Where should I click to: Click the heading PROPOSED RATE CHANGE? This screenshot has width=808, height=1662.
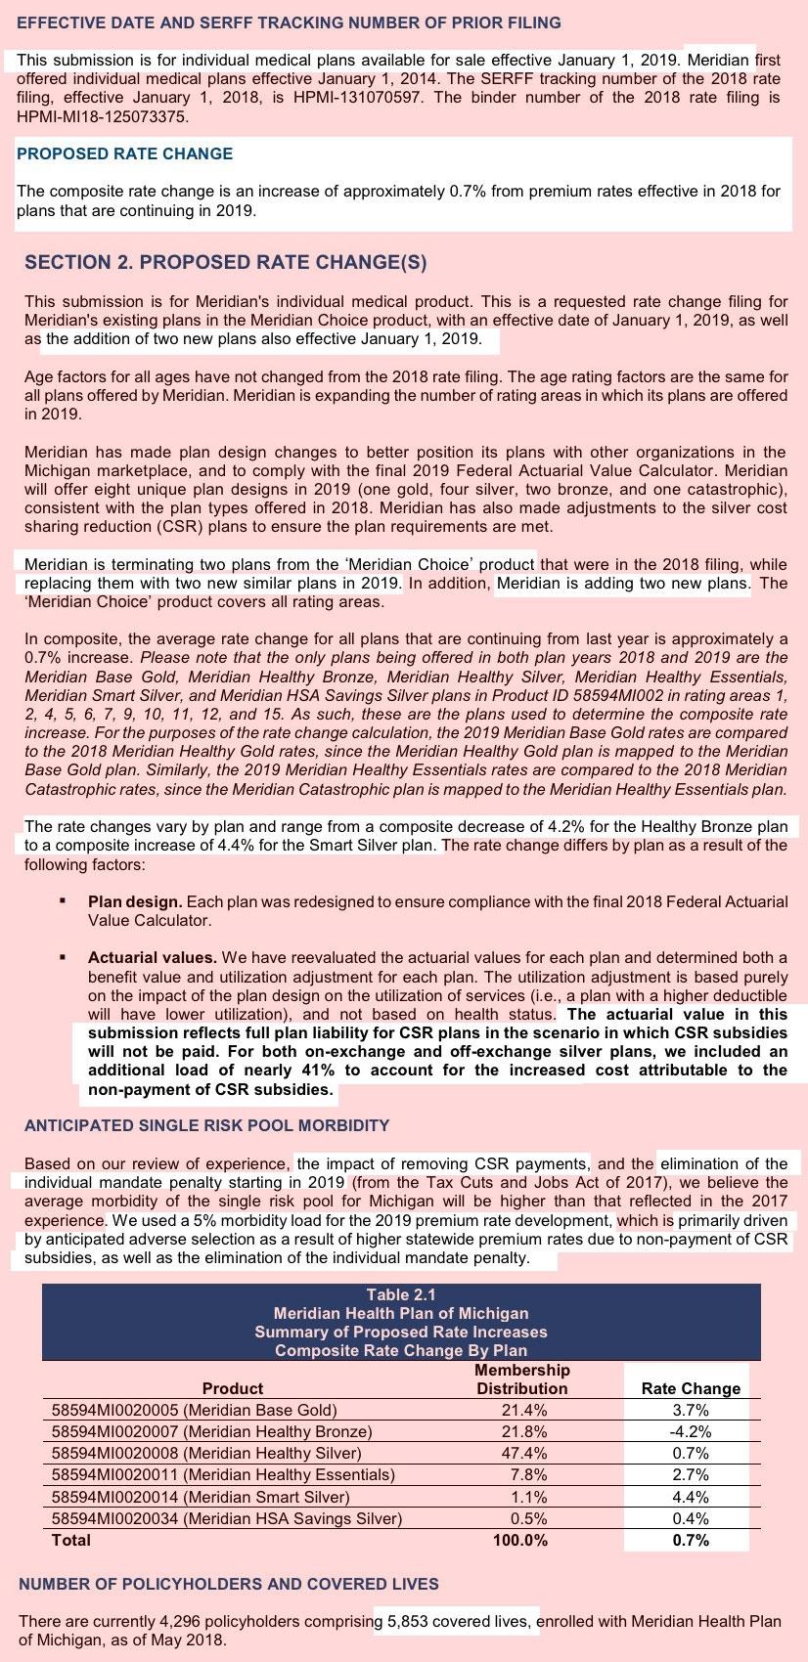pyautogui.click(x=124, y=153)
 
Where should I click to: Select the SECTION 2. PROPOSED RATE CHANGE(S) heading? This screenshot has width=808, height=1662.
pyautogui.click(x=225, y=262)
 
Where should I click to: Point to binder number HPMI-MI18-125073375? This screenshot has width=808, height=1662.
pyautogui.click(x=103, y=116)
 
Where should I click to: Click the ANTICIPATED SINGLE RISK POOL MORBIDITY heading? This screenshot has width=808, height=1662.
pyautogui.click(x=206, y=1125)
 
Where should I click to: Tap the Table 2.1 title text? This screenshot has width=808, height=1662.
pyautogui.click(x=401, y=1294)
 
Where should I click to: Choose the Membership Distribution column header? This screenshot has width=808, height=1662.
pyautogui.click(x=521, y=1378)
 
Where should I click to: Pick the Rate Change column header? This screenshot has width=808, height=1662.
pyautogui.click(x=691, y=1388)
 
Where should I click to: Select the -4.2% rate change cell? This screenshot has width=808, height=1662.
pyautogui.click(x=691, y=1431)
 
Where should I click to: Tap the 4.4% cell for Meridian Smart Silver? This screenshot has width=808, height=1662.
pyautogui.click(x=691, y=1497)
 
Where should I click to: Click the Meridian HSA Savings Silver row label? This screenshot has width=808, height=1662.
pyautogui.click(x=226, y=1518)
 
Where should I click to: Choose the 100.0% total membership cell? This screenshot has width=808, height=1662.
pyautogui.click(x=521, y=1540)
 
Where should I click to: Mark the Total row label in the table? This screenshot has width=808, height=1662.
pyautogui.click(x=70, y=1540)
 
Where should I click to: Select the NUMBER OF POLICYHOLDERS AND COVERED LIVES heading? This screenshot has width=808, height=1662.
pyautogui.click(x=229, y=1583)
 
